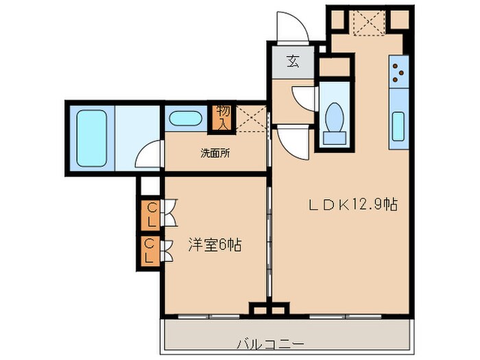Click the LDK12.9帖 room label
click(x=353, y=204)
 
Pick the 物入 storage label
click(x=224, y=117)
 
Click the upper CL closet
click(x=149, y=213)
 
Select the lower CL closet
click(x=149, y=251)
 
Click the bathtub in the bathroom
click(x=92, y=137)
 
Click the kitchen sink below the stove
click(x=398, y=125)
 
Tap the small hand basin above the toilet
click(x=334, y=91)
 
